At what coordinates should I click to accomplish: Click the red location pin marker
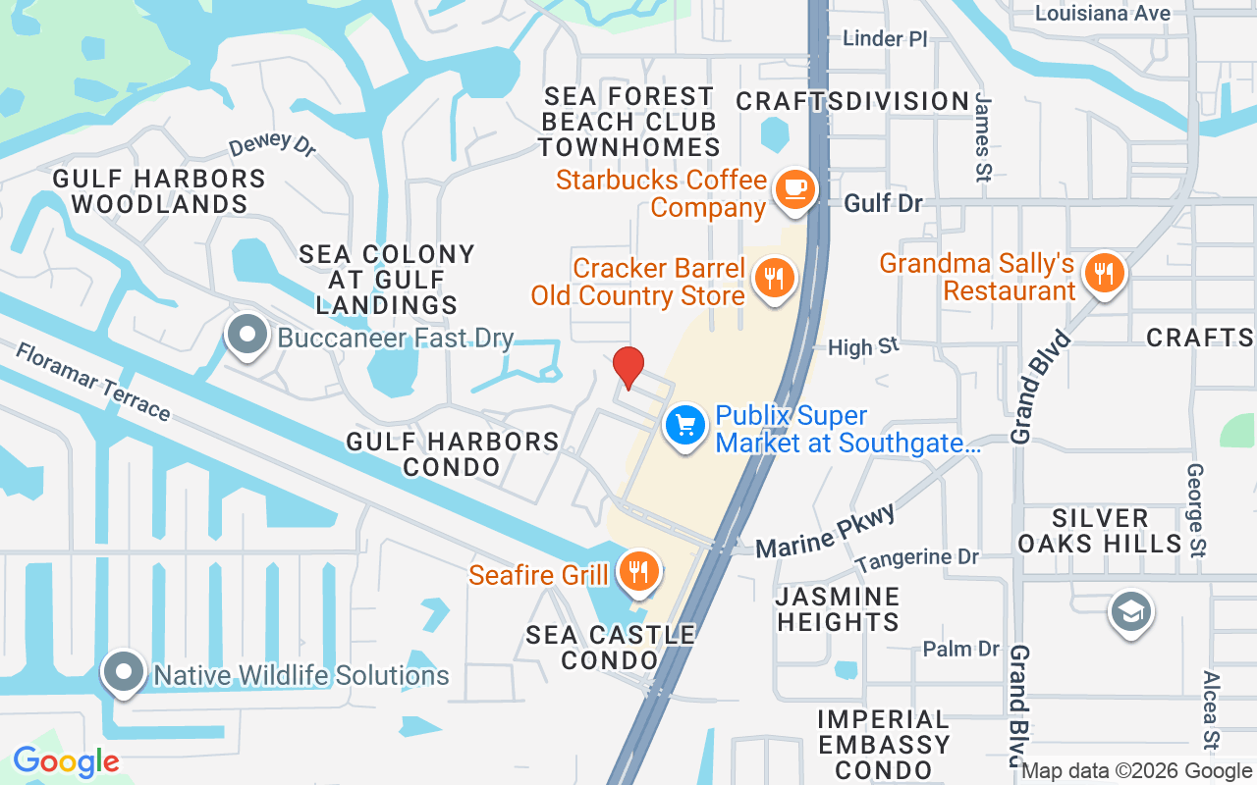(x=628, y=367)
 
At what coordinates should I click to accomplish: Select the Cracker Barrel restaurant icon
(x=775, y=278)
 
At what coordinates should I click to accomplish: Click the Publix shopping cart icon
(x=685, y=427)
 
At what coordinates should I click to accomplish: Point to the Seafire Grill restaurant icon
(x=639, y=571)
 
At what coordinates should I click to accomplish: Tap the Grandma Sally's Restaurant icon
(x=1105, y=272)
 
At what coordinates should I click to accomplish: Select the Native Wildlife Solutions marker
(x=124, y=673)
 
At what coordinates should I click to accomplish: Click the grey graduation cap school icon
(x=1131, y=612)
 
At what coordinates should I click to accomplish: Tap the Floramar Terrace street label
(x=93, y=381)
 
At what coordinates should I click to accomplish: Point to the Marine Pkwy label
(x=827, y=531)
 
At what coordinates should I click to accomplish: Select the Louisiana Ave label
(x=1103, y=13)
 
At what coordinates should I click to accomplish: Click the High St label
(x=863, y=346)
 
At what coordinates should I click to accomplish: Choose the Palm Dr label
(x=960, y=649)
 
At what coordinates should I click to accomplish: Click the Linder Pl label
(x=886, y=38)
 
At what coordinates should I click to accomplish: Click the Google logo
(x=66, y=761)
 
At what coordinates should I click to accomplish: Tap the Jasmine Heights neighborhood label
(x=838, y=609)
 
